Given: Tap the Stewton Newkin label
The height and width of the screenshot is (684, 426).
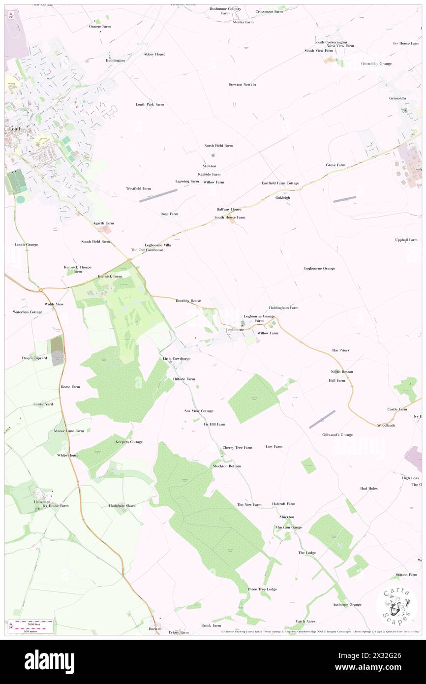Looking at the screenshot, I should tap(243, 85).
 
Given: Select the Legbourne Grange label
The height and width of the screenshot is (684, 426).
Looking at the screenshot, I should tap(320, 268).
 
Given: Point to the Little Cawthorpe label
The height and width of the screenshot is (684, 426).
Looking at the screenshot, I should tap(177, 359).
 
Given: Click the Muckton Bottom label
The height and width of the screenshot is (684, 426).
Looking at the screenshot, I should tap(227, 466).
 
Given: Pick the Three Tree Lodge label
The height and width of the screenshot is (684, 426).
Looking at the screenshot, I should tap(262, 589).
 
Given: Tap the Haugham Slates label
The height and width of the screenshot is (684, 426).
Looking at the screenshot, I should tap(122, 505).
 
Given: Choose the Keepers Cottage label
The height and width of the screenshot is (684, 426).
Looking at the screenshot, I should tap(129, 442).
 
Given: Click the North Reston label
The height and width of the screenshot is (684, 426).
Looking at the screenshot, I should tap(342, 372).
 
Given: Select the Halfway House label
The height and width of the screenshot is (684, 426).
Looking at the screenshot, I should tap(229, 209).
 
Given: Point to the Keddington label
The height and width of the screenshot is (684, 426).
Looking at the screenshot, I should tap(115, 61).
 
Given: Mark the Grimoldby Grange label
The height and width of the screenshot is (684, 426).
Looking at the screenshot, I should tap(376, 64).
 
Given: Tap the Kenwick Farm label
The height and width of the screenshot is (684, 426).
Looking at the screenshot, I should tap(110, 277).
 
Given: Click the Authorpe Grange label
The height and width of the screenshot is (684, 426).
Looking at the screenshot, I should tap(347, 604).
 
